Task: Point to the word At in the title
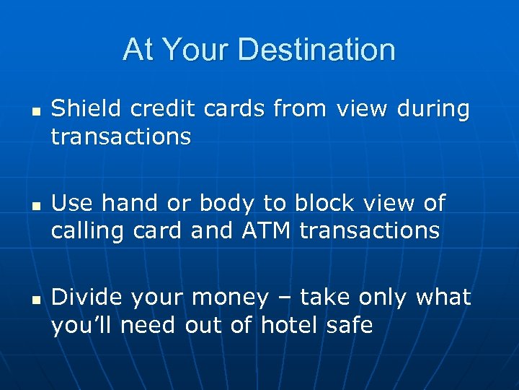[138, 50]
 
